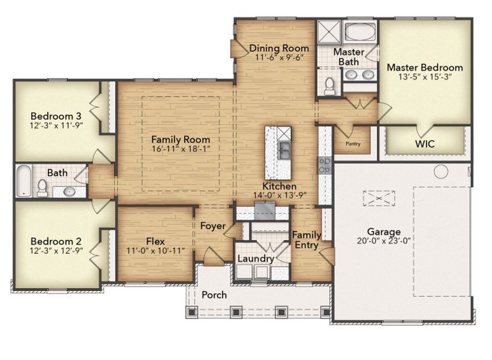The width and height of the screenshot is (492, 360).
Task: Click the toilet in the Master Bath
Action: (329, 86)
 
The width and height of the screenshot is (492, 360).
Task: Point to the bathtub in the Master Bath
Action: (359, 32)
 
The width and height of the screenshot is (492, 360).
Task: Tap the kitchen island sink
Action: (284, 148)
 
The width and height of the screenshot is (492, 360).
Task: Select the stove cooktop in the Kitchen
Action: (325, 165)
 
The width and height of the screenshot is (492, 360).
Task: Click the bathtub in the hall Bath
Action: (22, 181)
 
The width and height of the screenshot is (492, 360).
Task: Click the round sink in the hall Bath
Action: (69, 191)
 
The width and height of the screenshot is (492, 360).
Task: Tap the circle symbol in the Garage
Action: (441, 172)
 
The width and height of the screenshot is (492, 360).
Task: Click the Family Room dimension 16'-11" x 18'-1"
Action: (180, 148)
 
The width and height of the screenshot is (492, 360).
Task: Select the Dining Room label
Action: (279, 48)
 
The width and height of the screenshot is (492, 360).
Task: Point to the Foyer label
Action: (212, 226)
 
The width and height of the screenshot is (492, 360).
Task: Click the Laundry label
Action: (256, 259)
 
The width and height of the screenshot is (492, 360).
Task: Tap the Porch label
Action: (214, 295)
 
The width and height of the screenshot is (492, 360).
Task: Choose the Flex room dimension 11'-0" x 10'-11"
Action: (155, 250)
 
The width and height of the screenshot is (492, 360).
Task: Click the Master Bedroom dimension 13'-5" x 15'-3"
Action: (424, 77)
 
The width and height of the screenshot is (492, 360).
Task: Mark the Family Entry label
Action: (306, 240)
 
